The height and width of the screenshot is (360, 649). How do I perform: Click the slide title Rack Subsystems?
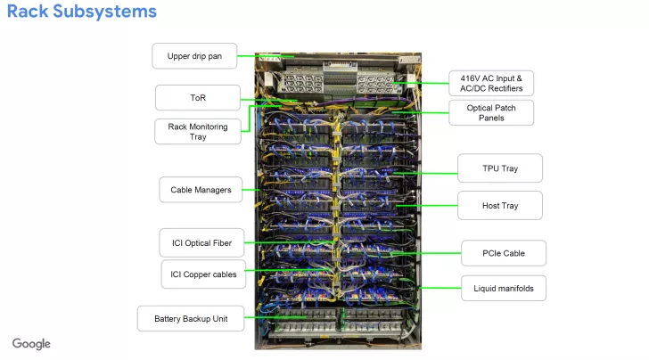pyautogui.click(x=82, y=12)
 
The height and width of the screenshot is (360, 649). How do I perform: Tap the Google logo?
pyautogui.click(x=31, y=344)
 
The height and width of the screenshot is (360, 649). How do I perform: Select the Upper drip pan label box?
pyautogui.click(x=195, y=56)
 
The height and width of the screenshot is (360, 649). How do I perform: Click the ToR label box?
pyautogui.click(x=198, y=97)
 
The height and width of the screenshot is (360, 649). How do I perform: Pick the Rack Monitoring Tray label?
pyautogui.click(x=198, y=132)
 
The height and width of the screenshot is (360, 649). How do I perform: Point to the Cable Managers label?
pyautogui.click(x=201, y=189)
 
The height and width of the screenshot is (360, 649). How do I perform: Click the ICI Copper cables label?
pyautogui.click(x=204, y=274)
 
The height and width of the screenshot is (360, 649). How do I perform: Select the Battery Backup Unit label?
pyautogui.click(x=191, y=318)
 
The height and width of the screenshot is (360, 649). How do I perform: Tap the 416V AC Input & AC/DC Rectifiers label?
pyautogui.click(x=491, y=84)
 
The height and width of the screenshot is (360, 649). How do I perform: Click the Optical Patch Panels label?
pyautogui.click(x=491, y=113)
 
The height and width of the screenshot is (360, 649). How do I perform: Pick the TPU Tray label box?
pyautogui.click(x=499, y=168)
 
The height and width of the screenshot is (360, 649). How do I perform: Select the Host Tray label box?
pyautogui.click(x=499, y=205)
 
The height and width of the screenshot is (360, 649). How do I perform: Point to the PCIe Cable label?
pyautogui.click(x=504, y=253)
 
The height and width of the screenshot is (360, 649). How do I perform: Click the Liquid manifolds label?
pyautogui.click(x=504, y=288)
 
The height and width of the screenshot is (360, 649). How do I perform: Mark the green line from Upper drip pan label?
pyautogui.click(x=259, y=56)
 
